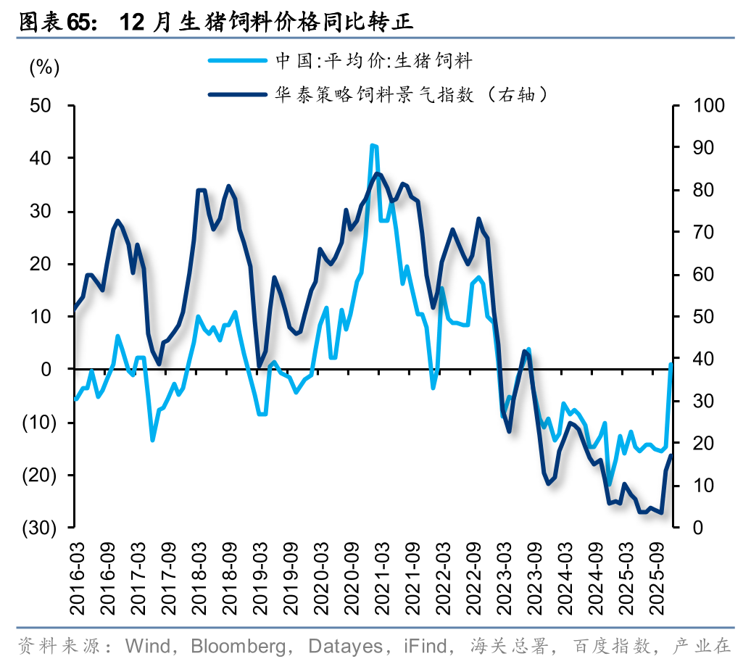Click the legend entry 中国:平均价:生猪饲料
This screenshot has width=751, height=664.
pos(373,61)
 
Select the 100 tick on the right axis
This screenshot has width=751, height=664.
pos(708,106)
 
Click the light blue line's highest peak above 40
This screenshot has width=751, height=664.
pos(373,146)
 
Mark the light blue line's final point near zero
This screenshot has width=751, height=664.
pos(671,365)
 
